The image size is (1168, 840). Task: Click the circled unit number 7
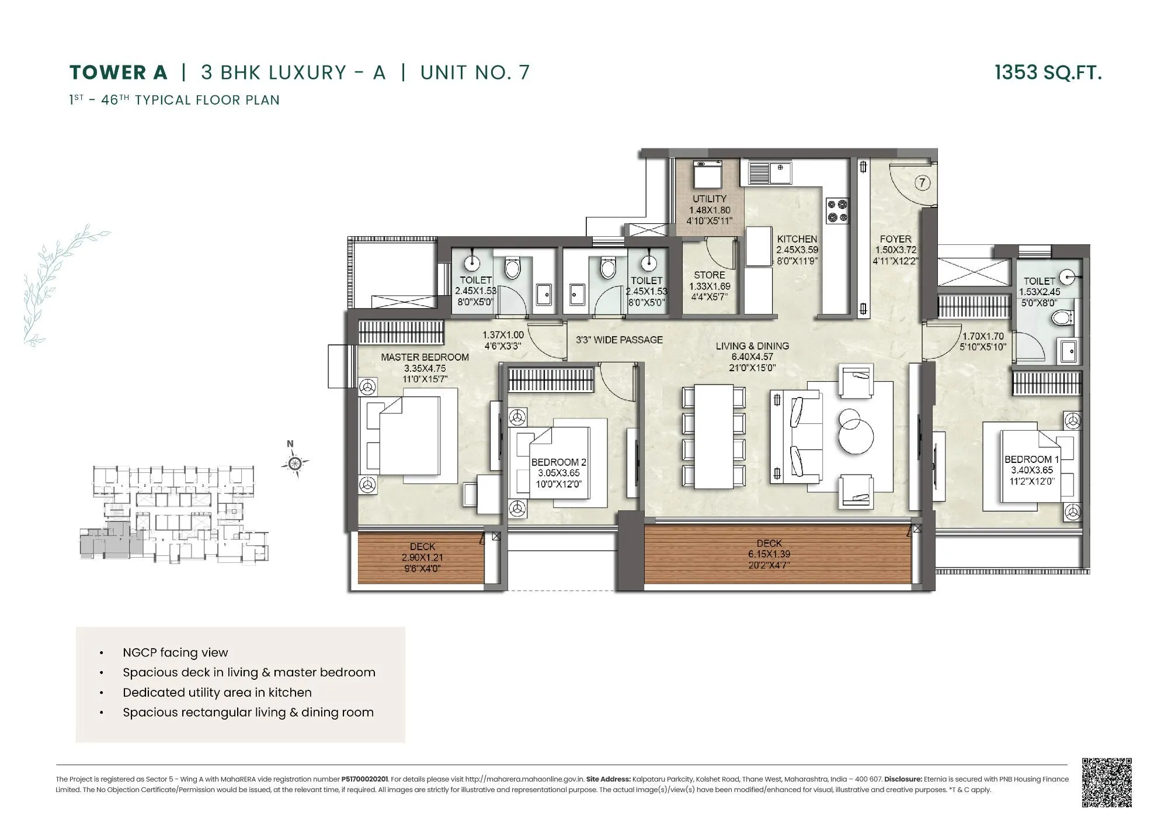(922, 183)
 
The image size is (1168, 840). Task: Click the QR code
(1107, 783)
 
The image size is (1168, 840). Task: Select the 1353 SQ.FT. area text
(1048, 72)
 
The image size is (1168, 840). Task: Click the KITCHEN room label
(797, 239)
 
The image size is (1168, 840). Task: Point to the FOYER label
(895, 239)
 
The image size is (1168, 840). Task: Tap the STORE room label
(710, 275)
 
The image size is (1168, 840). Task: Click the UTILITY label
(710, 199)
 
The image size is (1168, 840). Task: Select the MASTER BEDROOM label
(425, 357)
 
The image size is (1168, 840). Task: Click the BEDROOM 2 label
(559, 462)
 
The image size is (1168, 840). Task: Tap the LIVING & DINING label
(752, 346)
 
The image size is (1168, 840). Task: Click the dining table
(714, 436)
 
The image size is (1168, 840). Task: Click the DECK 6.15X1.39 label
(769, 544)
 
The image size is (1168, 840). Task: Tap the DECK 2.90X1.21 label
(422, 547)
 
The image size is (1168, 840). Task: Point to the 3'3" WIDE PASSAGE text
(619, 340)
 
